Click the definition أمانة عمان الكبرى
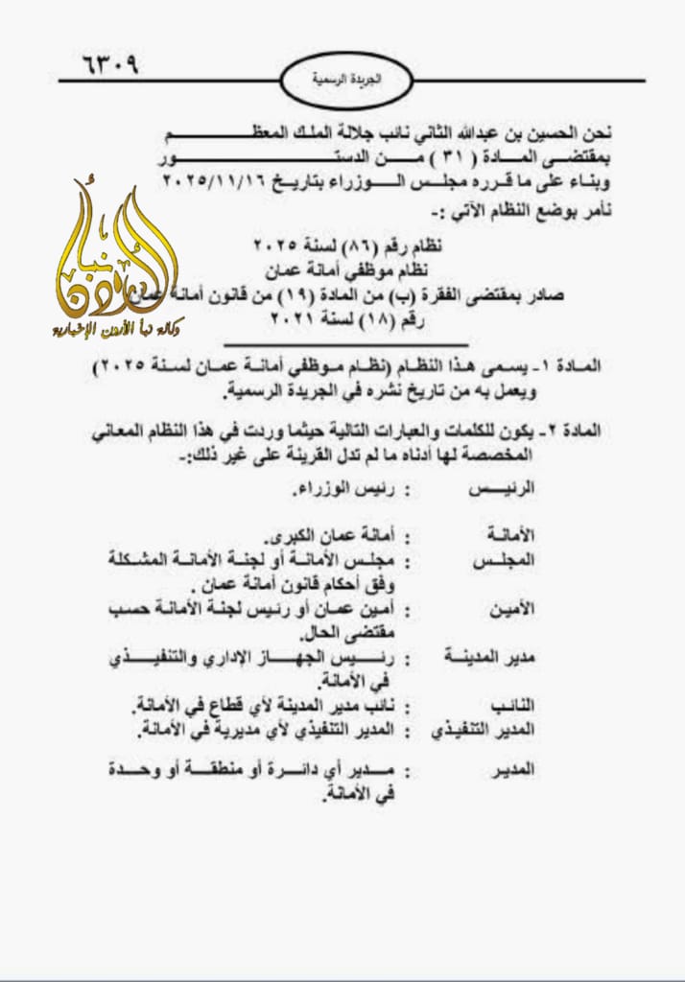click(328, 533)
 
